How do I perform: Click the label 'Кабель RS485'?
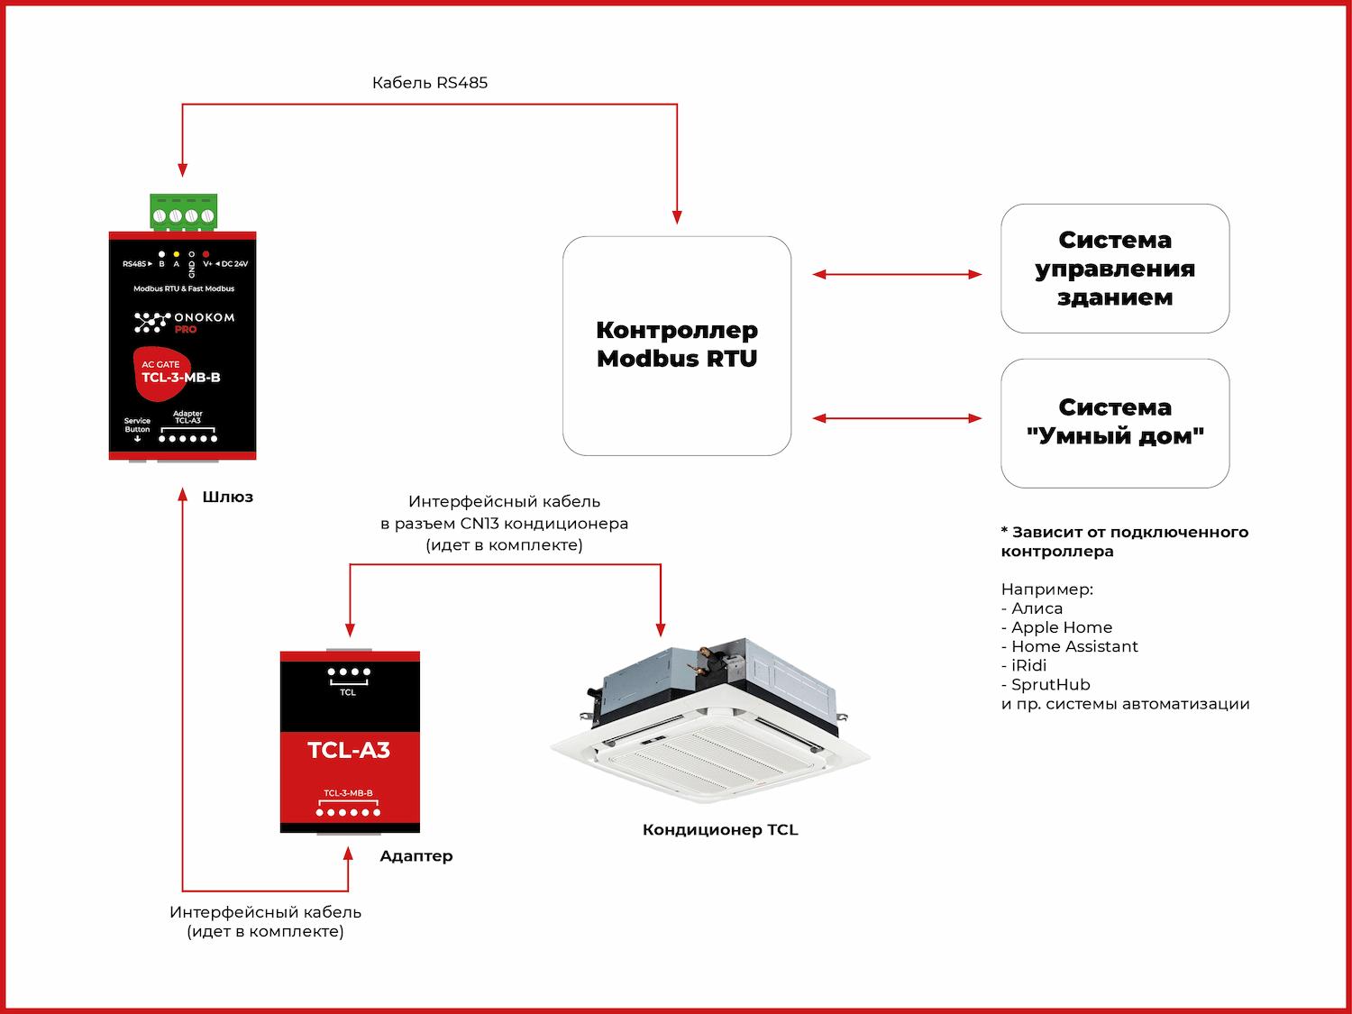(430, 83)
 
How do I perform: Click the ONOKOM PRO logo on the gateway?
(184, 322)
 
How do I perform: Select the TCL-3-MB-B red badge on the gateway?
(179, 373)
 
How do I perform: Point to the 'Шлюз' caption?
(227, 497)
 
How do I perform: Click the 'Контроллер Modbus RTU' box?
(677, 345)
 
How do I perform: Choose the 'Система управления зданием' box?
(1115, 269)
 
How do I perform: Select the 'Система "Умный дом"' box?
(1115, 423)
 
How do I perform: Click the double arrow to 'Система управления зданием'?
(897, 274)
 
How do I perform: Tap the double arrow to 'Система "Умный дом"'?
(897, 418)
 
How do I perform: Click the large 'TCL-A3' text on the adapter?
(349, 750)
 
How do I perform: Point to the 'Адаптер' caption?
(416, 856)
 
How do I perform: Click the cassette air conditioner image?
(711, 721)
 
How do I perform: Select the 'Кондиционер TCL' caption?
(720, 830)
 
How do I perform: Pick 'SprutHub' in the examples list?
(1050, 684)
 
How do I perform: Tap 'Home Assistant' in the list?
(1074, 646)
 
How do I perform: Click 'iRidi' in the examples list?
(1028, 665)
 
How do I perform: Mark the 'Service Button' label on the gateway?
(137, 425)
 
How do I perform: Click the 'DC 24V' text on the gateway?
(233, 264)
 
